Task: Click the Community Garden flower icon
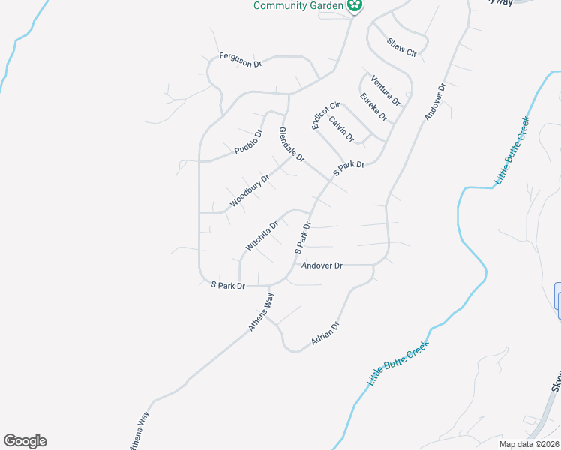tap(355, 7)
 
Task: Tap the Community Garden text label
tap(298, 6)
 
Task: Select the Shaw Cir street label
tap(401, 47)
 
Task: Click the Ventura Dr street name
tap(385, 90)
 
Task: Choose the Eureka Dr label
tap(373, 107)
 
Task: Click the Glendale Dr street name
tap(292, 144)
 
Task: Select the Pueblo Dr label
tap(248, 142)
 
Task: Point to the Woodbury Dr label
tap(250, 191)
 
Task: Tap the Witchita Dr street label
tap(262, 235)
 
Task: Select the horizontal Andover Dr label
tap(322, 265)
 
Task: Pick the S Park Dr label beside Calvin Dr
tap(349, 169)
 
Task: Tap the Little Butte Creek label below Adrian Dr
tap(397, 363)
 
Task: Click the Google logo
tap(25, 441)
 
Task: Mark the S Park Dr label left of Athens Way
tap(228, 286)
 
